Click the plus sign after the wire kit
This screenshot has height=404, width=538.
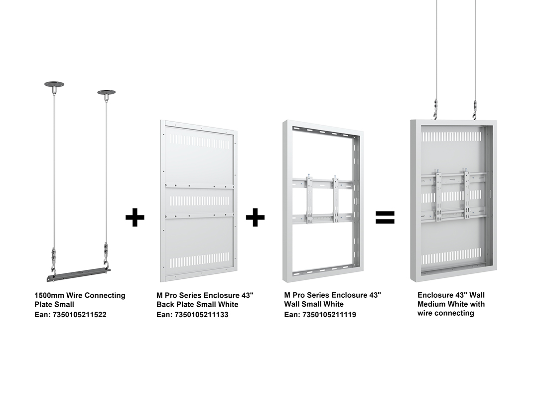135,217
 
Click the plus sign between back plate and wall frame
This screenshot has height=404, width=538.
255,217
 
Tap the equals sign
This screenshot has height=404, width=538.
385,217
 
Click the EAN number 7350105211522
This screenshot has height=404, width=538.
79,315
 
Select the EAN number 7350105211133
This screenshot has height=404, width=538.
201,315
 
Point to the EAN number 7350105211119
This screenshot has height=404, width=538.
329,315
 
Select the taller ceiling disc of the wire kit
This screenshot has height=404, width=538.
54,84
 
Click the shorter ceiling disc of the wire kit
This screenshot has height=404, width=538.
107,93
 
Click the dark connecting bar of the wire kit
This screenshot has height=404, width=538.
79,274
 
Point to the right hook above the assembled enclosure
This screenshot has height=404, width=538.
476,110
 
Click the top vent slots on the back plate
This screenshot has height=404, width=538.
199,144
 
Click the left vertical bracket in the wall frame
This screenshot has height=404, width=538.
310,200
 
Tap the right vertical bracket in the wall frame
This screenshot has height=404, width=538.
336,199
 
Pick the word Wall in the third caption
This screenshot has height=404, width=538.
291,304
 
